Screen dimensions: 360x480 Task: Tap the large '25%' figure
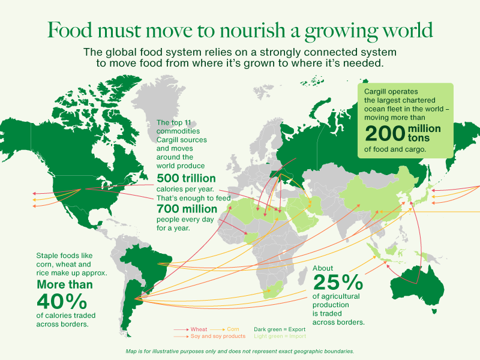pyautogui.click(x=338, y=281)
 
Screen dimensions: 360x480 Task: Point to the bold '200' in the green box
pyautogui.click(x=385, y=133)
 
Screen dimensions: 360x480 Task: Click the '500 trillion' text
pyautogui.click(x=187, y=178)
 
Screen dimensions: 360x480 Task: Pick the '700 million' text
pyautogui.click(x=187, y=209)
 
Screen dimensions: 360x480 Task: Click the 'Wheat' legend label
pyautogui.click(x=199, y=329)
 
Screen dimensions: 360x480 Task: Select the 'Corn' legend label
pyautogui.click(x=234, y=329)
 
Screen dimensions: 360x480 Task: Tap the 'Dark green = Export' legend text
pyautogui.click(x=280, y=329)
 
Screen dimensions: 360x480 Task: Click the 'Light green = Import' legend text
pyautogui.click(x=280, y=337)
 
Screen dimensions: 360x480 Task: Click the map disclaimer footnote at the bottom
pyautogui.click(x=240, y=351)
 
